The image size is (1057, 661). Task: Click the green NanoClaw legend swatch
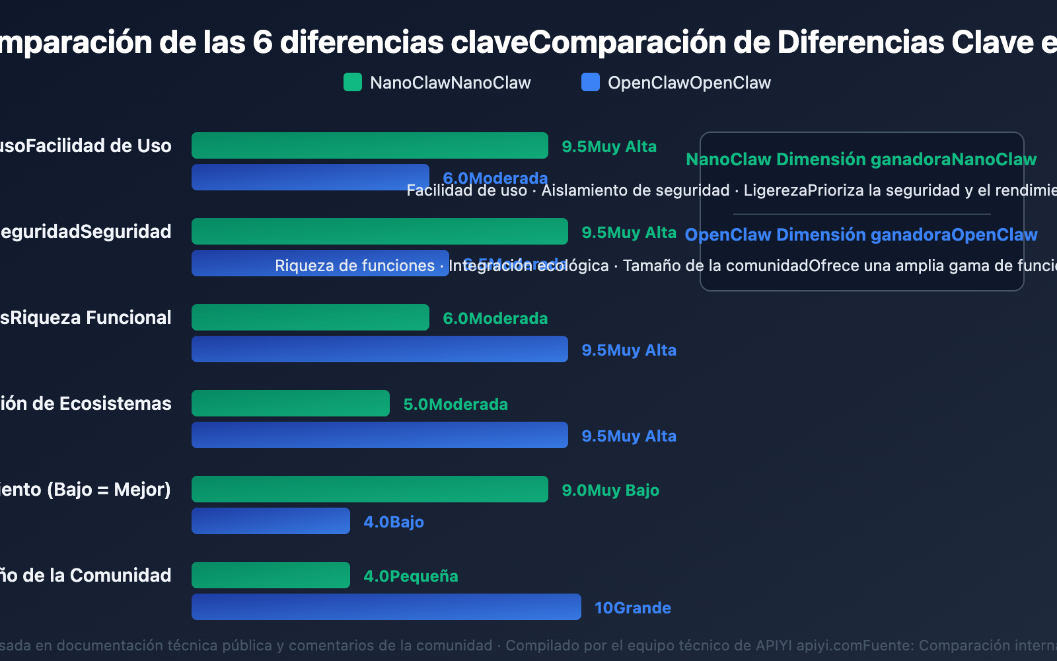pyautogui.click(x=353, y=83)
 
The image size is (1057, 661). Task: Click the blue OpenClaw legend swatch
pyautogui.click(x=590, y=83)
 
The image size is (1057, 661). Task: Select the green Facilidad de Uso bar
pyautogui.click(x=369, y=145)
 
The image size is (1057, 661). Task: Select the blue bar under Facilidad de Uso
pyautogui.click(x=310, y=177)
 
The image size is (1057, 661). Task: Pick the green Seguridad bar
pyautogui.click(x=379, y=231)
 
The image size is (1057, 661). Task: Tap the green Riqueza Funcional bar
pyautogui.click(x=310, y=317)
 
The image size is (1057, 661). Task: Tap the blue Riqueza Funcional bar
pyautogui.click(x=379, y=349)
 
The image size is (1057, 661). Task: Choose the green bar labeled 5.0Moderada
pyautogui.click(x=290, y=403)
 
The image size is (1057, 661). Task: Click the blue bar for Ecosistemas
pyautogui.click(x=379, y=435)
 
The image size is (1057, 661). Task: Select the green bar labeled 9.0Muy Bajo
pyautogui.click(x=369, y=489)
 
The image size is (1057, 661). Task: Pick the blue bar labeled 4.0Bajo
pyautogui.click(x=270, y=521)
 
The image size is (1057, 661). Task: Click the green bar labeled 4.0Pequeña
pyautogui.click(x=270, y=575)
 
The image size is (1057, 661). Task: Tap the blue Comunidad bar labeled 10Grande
pyautogui.click(x=386, y=607)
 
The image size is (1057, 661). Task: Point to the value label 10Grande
pyautogui.click(x=632, y=608)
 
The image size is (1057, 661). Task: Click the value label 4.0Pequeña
pyautogui.click(x=410, y=576)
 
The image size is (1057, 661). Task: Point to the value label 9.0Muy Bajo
pyautogui.click(x=610, y=490)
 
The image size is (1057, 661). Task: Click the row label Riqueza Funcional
pyautogui.click(x=86, y=318)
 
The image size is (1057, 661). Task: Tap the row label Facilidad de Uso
pyautogui.click(x=86, y=146)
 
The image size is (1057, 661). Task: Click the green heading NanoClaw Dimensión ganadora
pyautogui.click(x=861, y=159)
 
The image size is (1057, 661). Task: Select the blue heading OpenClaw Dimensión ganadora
pyautogui.click(x=861, y=235)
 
